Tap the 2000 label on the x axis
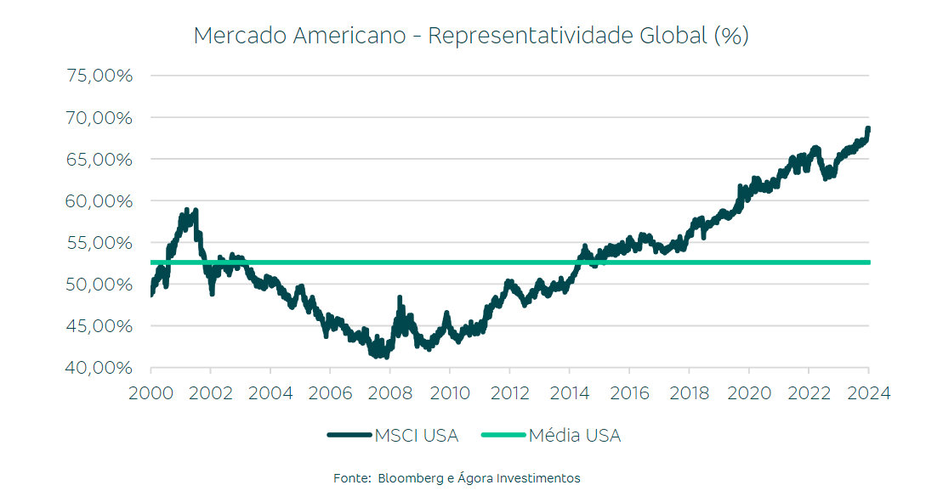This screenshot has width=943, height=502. pyautogui.click(x=151, y=393)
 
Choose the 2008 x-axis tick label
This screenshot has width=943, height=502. pyautogui.click(x=389, y=393)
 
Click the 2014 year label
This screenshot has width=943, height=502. pyautogui.click(x=569, y=393)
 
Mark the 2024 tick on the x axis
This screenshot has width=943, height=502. pyautogui.click(x=868, y=393)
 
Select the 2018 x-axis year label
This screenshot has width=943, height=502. pyautogui.click(x=689, y=393)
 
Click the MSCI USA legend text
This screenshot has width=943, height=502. pyautogui.click(x=417, y=436)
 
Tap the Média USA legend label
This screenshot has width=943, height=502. pyautogui.click(x=575, y=436)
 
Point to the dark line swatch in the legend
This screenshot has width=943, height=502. pyautogui.click(x=349, y=436)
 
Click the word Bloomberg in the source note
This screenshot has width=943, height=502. pyautogui.click(x=410, y=478)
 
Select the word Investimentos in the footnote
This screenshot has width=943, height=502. pyautogui.click(x=540, y=478)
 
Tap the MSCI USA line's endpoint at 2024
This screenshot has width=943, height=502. pyautogui.click(x=868, y=129)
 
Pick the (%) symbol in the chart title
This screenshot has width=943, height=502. pyautogui.click(x=731, y=36)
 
